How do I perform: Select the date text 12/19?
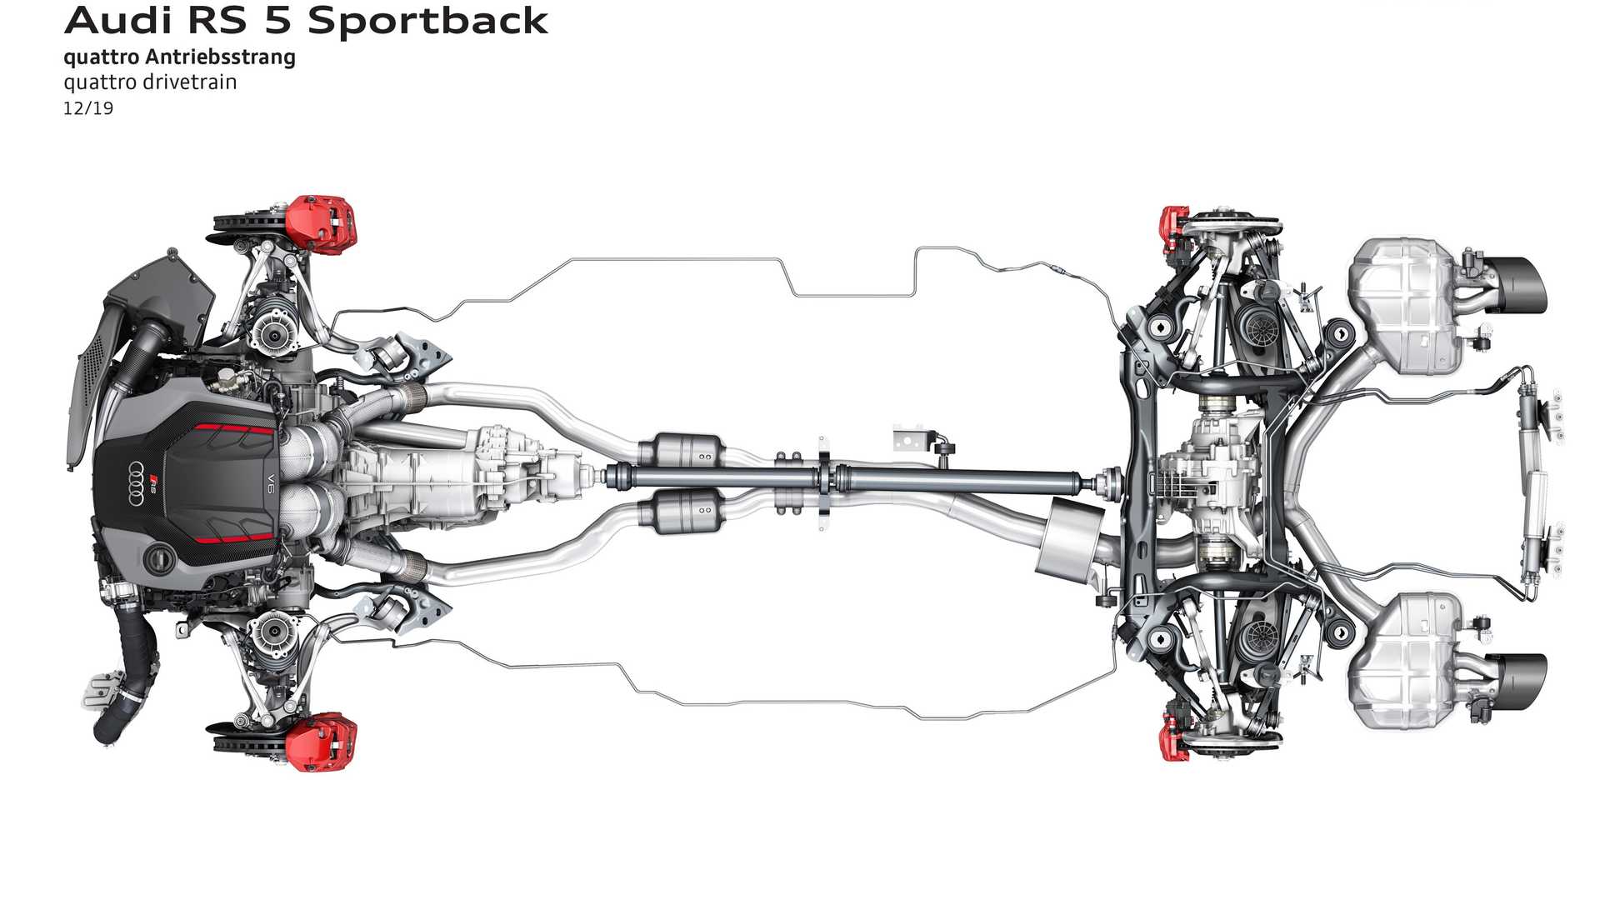88,108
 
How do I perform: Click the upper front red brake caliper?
321,221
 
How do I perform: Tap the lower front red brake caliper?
321,739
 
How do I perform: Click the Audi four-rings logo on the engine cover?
137,482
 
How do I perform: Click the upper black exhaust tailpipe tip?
1518,286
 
